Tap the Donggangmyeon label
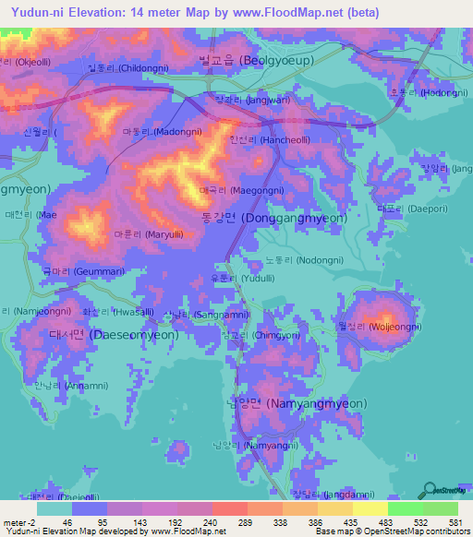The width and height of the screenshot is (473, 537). coord(294,219)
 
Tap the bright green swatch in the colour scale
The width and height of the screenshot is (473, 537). coord(406,508)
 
